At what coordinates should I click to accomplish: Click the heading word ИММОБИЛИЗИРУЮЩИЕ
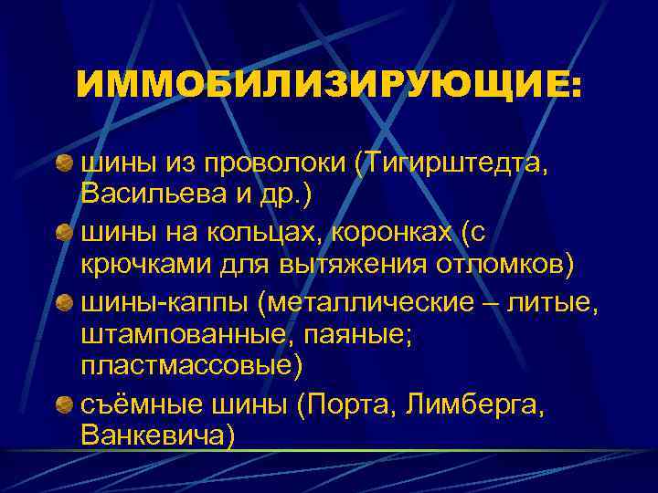coord(328,89)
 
